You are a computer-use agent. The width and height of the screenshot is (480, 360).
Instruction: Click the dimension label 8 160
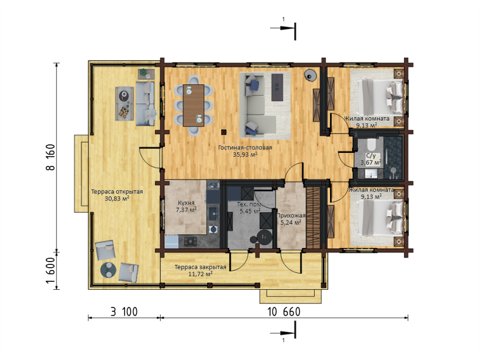(50, 157)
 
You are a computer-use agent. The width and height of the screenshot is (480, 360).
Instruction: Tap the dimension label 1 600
(50, 271)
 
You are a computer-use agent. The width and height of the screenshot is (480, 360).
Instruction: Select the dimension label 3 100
(124, 312)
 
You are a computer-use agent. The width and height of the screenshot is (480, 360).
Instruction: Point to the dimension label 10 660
(284, 312)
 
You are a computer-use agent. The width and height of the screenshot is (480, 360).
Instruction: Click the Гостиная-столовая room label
(245, 148)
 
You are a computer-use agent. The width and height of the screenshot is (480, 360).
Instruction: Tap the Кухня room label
(186, 203)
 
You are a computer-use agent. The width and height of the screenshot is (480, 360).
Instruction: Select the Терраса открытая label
(117, 192)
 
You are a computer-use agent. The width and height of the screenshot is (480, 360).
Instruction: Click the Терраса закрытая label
(200, 267)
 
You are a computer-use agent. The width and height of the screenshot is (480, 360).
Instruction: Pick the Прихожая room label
(291, 216)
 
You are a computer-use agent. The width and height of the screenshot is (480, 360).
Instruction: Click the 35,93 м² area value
(245, 155)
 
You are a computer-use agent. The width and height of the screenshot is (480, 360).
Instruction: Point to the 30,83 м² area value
(117, 199)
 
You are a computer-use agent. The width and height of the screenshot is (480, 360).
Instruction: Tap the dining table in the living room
(194, 106)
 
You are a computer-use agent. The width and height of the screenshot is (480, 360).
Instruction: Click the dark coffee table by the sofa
(277, 87)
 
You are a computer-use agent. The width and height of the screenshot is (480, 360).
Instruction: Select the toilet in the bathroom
(371, 144)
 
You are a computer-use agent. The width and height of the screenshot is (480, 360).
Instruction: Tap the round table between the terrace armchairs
(108, 269)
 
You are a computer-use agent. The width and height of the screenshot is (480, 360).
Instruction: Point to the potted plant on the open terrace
(143, 72)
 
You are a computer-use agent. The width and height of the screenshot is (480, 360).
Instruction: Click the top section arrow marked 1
(283, 28)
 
